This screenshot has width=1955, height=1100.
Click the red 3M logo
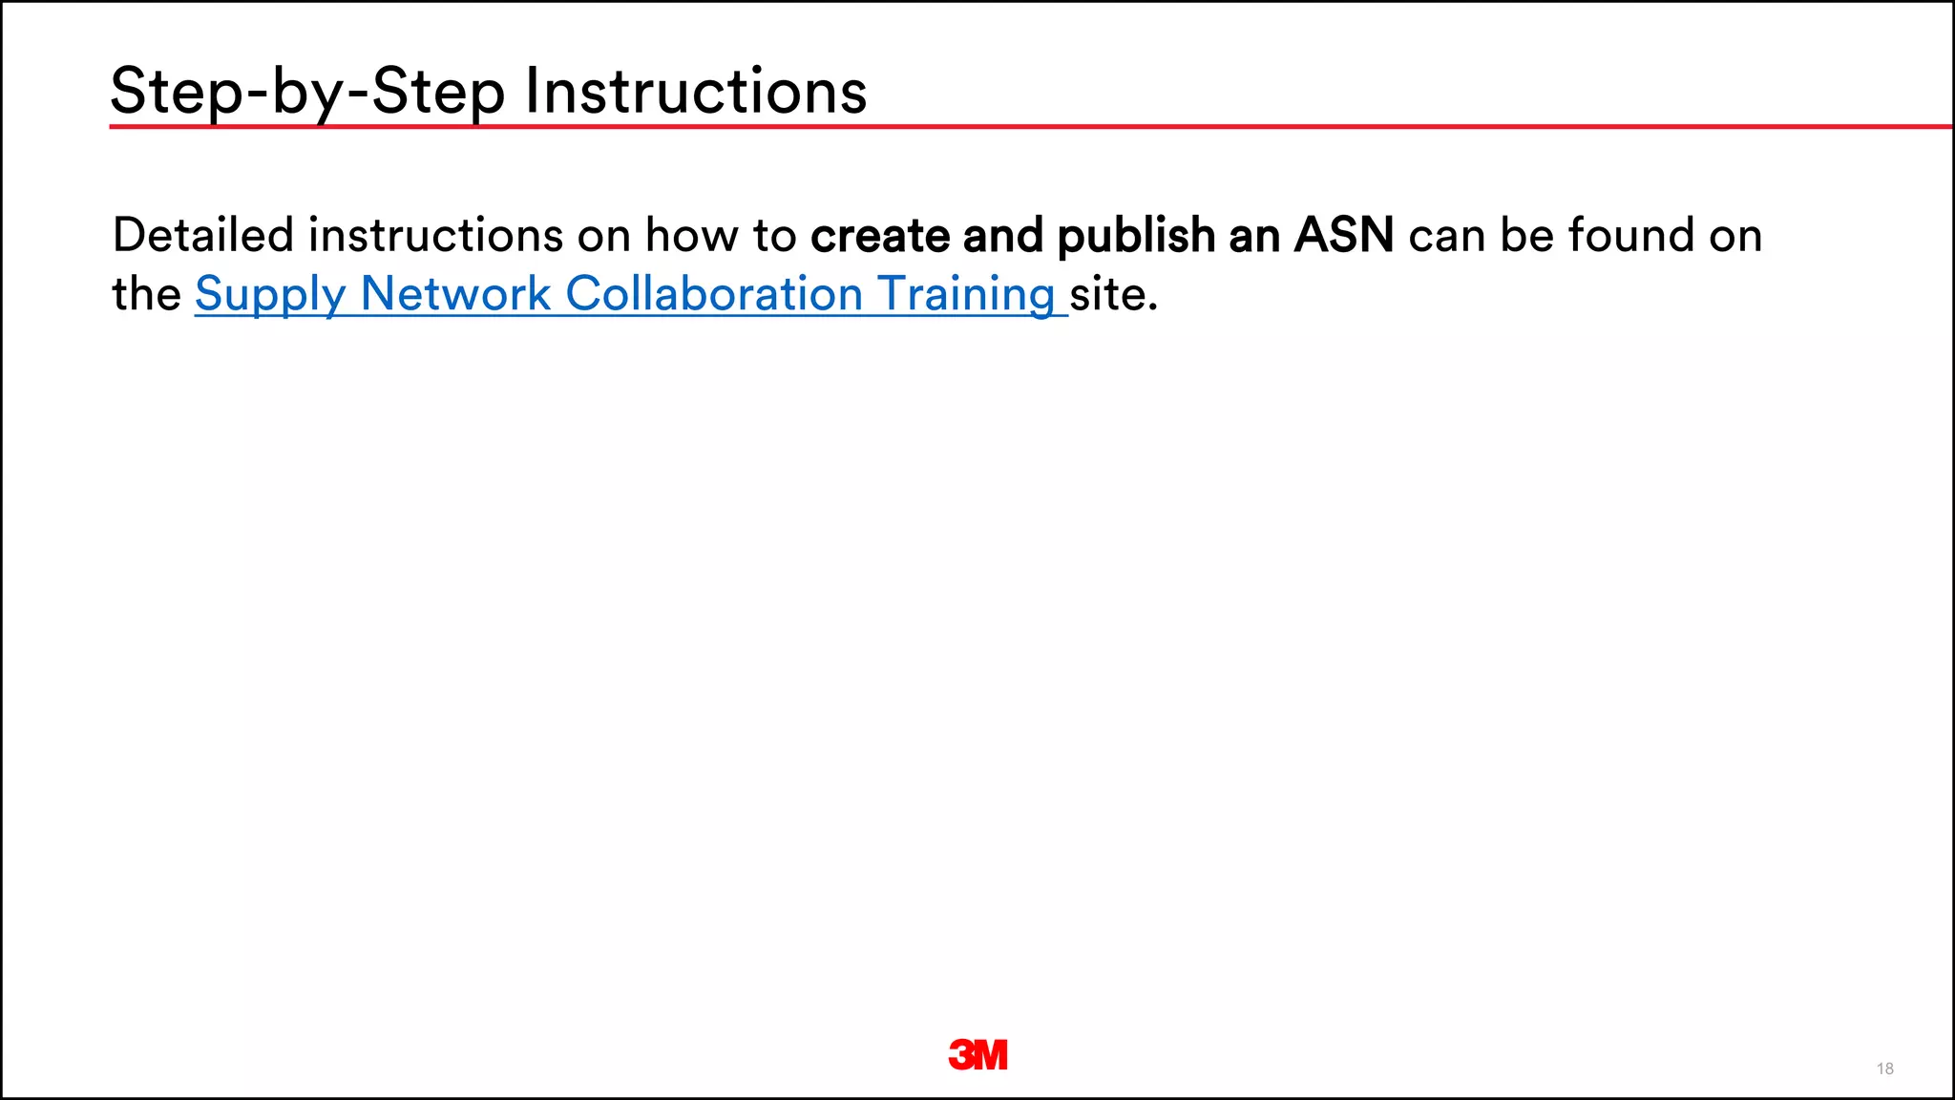pyautogui.click(x=977, y=1054)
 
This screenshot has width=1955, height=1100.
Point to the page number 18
pyautogui.click(x=1884, y=1068)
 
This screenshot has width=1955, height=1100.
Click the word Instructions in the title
pyautogui.click(x=696, y=92)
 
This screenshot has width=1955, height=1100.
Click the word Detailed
pyautogui.click(x=202, y=235)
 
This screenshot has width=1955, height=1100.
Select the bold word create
pyautogui.click(x=879, y=235)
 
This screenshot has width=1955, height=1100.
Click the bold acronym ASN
pyautogui.click(x=1343, y=235)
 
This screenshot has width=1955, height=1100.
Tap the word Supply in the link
pyautogui.click(x=270, y=294)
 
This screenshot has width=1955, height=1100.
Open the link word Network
pyautogui.click(x=455, y=294)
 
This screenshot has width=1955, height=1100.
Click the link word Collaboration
pyautogui.click(x=714, y=294)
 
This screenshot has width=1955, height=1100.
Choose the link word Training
pyautogui.click(x=965, y=294)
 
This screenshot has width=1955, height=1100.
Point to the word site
pyautogui.click(x=1112, y=294)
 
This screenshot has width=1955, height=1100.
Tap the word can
pyautogui.click(x=1447, y=235)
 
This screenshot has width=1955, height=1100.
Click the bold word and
pyautogui.click(x=1002, y=235)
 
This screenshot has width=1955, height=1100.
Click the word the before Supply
pyautogui.click(x=146, y=294)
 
